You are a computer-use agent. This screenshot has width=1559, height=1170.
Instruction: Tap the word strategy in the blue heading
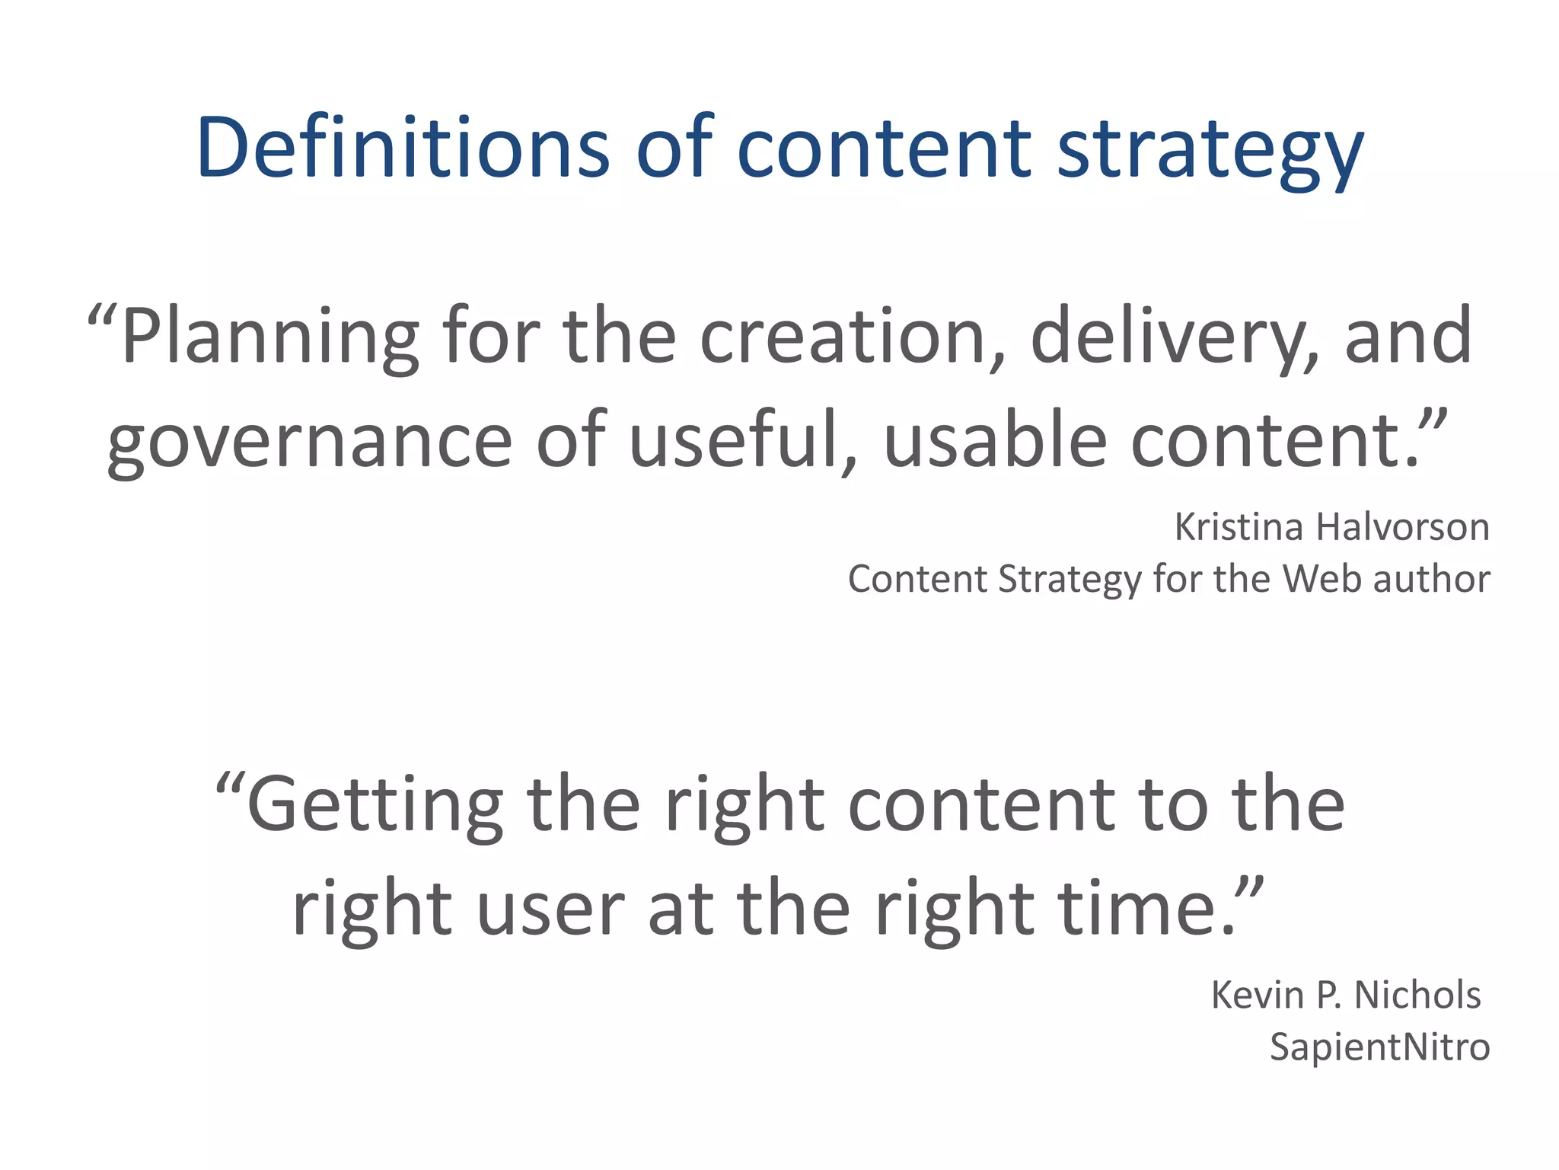coord(1210,151)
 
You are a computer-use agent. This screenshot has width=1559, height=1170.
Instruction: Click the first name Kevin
coord(1257,996)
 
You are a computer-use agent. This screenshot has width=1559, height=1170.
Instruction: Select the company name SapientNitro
coord(1379,1047)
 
